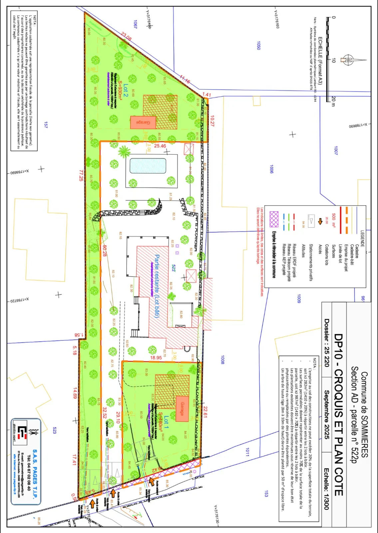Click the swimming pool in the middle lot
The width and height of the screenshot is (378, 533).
point(148,166)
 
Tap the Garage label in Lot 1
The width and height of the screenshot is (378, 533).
point(182,409)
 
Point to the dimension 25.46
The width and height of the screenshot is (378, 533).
point(160,146)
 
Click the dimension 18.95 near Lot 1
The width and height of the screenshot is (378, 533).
point(156,357)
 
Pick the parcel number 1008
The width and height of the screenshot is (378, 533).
point(222,360)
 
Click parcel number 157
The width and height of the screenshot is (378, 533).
point(46,125)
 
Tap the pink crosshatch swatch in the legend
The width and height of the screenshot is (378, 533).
point(274,219)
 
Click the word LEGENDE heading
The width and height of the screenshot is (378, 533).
point(362,239)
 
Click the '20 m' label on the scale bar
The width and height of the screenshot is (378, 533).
point(333,101)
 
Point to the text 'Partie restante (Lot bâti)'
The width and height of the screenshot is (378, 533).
point(157,285)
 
